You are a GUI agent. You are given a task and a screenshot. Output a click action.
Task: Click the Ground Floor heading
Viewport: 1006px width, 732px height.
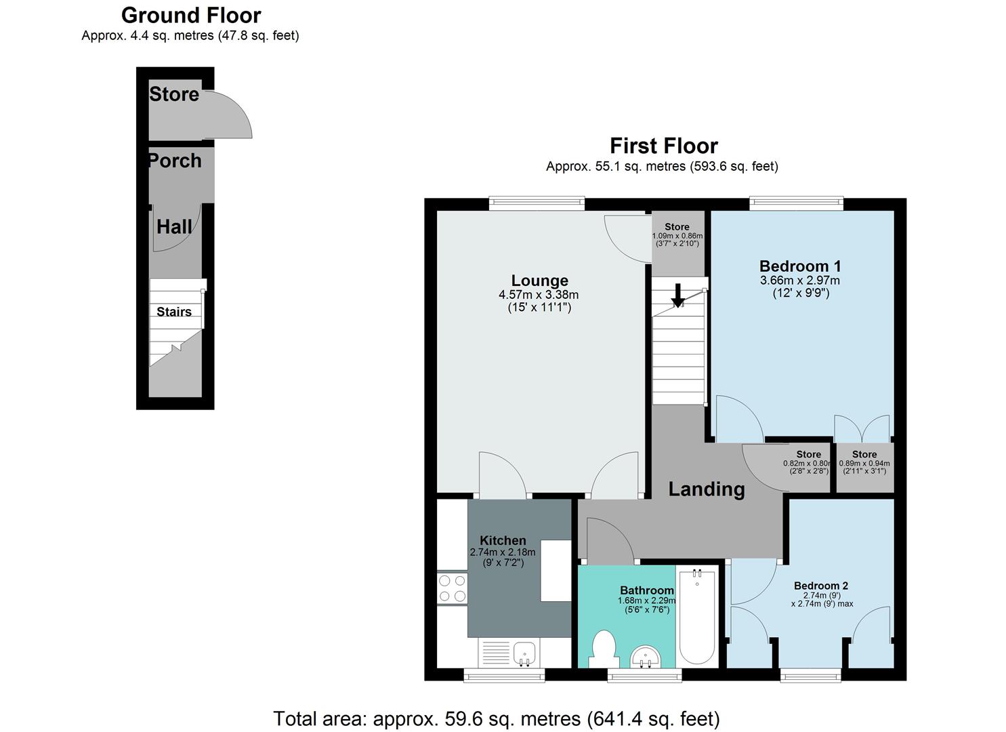pos(190,15)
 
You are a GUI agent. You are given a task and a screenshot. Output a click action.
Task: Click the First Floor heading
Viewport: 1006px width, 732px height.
pos(663,146)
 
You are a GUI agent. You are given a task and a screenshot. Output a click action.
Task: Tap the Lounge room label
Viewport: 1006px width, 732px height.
pos(539,281)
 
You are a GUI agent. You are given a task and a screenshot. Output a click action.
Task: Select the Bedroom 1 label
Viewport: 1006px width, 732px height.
pos(799,266)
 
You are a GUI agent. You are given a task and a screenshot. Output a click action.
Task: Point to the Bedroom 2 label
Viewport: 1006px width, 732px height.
pos(821,586)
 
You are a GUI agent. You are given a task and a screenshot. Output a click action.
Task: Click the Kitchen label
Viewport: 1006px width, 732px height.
pos(503,540)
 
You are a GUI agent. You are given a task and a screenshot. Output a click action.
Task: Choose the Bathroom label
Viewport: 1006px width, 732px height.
pos(646,590)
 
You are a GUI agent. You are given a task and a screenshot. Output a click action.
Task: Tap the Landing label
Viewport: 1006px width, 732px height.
pos(706,489)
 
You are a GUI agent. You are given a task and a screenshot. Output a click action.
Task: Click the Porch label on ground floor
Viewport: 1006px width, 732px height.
pos(175,161)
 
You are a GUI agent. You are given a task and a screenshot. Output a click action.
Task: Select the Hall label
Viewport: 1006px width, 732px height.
pos(174,226)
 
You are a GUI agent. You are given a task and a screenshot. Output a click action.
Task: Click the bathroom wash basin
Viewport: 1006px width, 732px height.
pos(646,656)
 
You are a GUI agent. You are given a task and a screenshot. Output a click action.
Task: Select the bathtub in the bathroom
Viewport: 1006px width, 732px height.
pos(696,617)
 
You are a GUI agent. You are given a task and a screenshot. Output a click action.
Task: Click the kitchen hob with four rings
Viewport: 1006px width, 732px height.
pos(452,588)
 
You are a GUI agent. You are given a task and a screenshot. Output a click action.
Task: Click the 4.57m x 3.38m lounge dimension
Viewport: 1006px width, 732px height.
pos(539,295)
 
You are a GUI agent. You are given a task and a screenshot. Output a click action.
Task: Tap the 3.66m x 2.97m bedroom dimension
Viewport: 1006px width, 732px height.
pos(799,281)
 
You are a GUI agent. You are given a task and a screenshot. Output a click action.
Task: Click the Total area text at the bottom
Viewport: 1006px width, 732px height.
pos(496,718)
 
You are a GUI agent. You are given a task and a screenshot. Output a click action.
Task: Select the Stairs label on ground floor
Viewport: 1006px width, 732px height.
pos(174,312)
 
